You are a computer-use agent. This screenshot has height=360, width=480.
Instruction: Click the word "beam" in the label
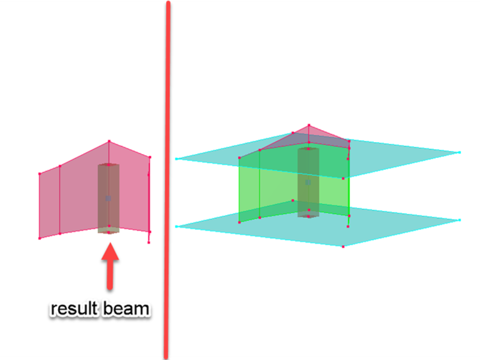point(126,308)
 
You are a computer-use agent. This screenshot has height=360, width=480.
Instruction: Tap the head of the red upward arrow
point(110,251)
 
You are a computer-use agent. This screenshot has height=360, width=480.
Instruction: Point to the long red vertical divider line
point(167,180)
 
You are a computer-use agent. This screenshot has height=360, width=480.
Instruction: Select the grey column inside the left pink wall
point(109,199)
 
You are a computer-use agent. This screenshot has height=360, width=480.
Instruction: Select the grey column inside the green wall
point(308,183)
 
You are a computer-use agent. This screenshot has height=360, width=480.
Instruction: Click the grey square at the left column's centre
point(108,198)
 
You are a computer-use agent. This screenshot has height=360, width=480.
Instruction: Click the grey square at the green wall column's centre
point(308,182)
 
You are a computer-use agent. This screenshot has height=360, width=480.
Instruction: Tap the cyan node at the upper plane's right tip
point(460,152)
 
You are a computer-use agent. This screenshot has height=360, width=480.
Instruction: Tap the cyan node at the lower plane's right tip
point(460,220)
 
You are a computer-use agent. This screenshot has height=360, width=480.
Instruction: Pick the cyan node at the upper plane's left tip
point(176,159)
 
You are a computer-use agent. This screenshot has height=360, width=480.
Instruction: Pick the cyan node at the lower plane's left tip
point(176,227)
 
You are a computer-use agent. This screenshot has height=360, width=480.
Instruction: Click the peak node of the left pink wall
point(109,141)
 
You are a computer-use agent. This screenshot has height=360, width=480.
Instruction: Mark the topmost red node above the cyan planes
point(309,125)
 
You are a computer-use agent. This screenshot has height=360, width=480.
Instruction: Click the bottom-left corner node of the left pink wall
point(40,238)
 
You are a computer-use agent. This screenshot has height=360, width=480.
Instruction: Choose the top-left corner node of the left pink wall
point(40,174)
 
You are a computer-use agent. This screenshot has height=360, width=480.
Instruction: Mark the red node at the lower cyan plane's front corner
point(343,246)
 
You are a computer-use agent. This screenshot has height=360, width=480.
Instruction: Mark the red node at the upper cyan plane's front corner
point(343,179)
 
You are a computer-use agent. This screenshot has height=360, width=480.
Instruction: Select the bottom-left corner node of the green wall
point(239,222)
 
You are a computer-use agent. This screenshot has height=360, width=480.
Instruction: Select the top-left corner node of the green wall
point(239,158)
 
